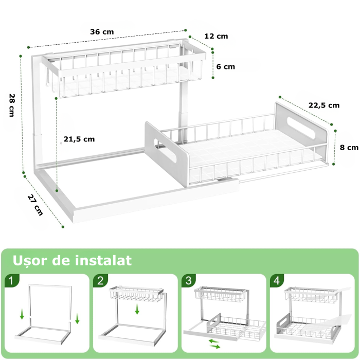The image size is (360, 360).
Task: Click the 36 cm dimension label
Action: click(x=102, y=32)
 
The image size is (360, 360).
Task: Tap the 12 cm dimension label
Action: click(x=215, y=37)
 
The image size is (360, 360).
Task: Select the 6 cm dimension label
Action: click(x=225, y=67)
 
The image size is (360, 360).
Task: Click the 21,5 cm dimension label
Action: click(x=79, y=139)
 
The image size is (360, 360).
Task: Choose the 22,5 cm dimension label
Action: click(x=324, y=105)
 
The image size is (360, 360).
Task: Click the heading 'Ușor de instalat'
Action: click(x=72, y=260)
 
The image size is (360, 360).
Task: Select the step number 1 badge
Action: click(x=11, y=281)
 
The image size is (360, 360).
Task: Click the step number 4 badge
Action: click(x=276, y=281)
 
